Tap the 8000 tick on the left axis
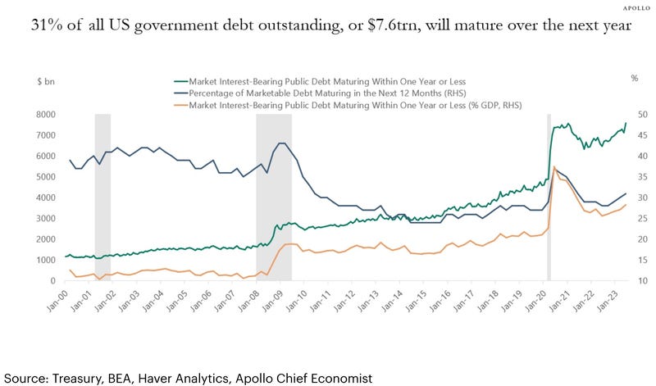43,115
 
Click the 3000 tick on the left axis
43,219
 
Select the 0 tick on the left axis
52,281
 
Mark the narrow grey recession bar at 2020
549,197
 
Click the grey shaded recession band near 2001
102,197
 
